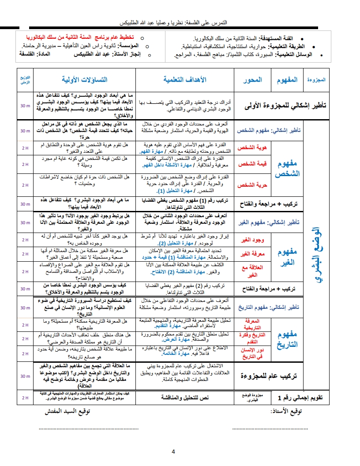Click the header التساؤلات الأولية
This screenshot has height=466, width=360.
click(84, 79)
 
